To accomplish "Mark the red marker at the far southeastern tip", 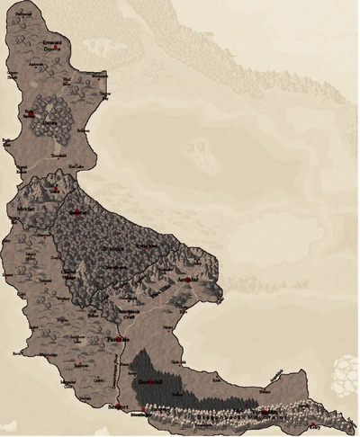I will pos(313,424).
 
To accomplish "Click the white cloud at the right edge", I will pos(347,368).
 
